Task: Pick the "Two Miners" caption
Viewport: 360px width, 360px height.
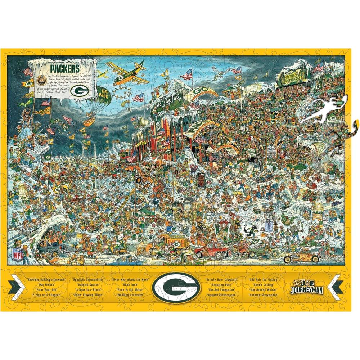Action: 46,284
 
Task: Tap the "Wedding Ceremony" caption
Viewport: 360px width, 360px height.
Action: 130,294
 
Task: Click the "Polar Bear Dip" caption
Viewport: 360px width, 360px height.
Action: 45,289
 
